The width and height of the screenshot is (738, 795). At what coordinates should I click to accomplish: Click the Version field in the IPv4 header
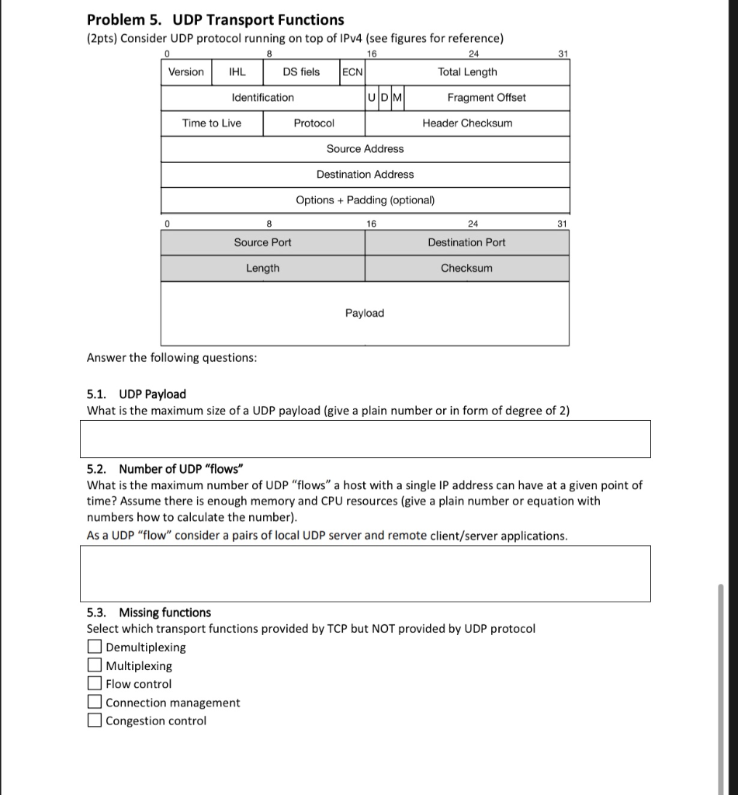(x=186, y=72)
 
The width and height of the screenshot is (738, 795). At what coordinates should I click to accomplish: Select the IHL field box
(x=237, y=72)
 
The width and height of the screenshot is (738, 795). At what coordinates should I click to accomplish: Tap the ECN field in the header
(x=352, y=72)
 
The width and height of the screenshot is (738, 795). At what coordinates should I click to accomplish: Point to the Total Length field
(x=467, y=72)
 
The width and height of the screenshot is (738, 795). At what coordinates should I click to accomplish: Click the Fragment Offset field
(x=486, y=98)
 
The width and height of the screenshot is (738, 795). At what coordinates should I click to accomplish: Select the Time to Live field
(x=212, y=123)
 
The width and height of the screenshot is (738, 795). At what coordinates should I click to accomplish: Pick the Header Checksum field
(x=467, y=123)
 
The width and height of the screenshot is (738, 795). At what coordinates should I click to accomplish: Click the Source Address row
(x=365, y=149)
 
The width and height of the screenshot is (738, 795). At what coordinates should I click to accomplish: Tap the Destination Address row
(x=365, y=175)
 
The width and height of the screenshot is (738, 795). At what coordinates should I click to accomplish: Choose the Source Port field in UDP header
(x=263, y=243)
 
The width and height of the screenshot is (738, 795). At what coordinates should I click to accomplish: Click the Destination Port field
(x=466, y=243)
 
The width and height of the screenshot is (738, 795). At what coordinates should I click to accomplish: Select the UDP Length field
(x=263, y=269)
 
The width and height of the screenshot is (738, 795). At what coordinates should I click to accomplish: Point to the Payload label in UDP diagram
(x=365, y=313)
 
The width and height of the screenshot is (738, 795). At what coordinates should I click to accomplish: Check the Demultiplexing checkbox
(x=94, y=647)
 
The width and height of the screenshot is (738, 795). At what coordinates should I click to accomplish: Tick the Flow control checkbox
(x=94, y=684)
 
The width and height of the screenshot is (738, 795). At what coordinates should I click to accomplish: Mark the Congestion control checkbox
(x=94, y=720)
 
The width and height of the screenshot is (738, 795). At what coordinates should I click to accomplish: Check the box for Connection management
(x=94, y=703)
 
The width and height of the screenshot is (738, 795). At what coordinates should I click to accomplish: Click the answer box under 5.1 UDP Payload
(x=365, y=439)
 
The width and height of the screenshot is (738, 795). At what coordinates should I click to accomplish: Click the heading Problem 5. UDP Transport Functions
(x=216, y=20)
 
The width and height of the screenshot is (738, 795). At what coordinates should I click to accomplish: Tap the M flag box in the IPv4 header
(x=397, y=98)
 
